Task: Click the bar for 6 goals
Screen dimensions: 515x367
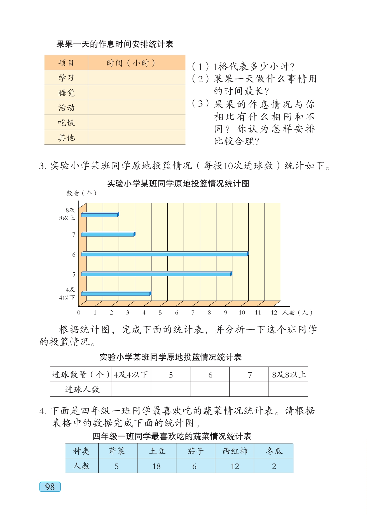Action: pos(165,254)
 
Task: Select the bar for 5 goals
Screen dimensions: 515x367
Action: pos(156,274)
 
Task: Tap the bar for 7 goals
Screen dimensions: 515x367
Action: pos(108,235)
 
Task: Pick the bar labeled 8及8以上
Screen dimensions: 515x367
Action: pos(100,215)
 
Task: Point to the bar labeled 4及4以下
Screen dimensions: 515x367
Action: pos(116,294)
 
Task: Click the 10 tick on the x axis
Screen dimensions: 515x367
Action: pos(242,313)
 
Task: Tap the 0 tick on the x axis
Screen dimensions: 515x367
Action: pos(79,313)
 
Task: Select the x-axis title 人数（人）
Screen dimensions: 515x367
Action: pos(297,313)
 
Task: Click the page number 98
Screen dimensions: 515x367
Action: pos(50,487)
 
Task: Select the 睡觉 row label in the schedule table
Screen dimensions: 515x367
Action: pos(66,93)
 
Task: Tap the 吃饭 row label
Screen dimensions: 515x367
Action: pos(66,122)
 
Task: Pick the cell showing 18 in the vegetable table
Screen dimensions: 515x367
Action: pos(156,466)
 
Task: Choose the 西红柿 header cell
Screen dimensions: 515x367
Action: pos(235,451)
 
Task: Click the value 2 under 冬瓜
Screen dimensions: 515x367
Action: pos(274,466)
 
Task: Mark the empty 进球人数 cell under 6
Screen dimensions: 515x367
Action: pos(210,389)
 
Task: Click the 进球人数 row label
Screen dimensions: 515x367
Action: pos(82,389)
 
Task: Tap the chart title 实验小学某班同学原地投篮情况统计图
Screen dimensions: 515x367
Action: pos(178,184)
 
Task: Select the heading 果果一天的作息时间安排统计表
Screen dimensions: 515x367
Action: pos(115,44)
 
